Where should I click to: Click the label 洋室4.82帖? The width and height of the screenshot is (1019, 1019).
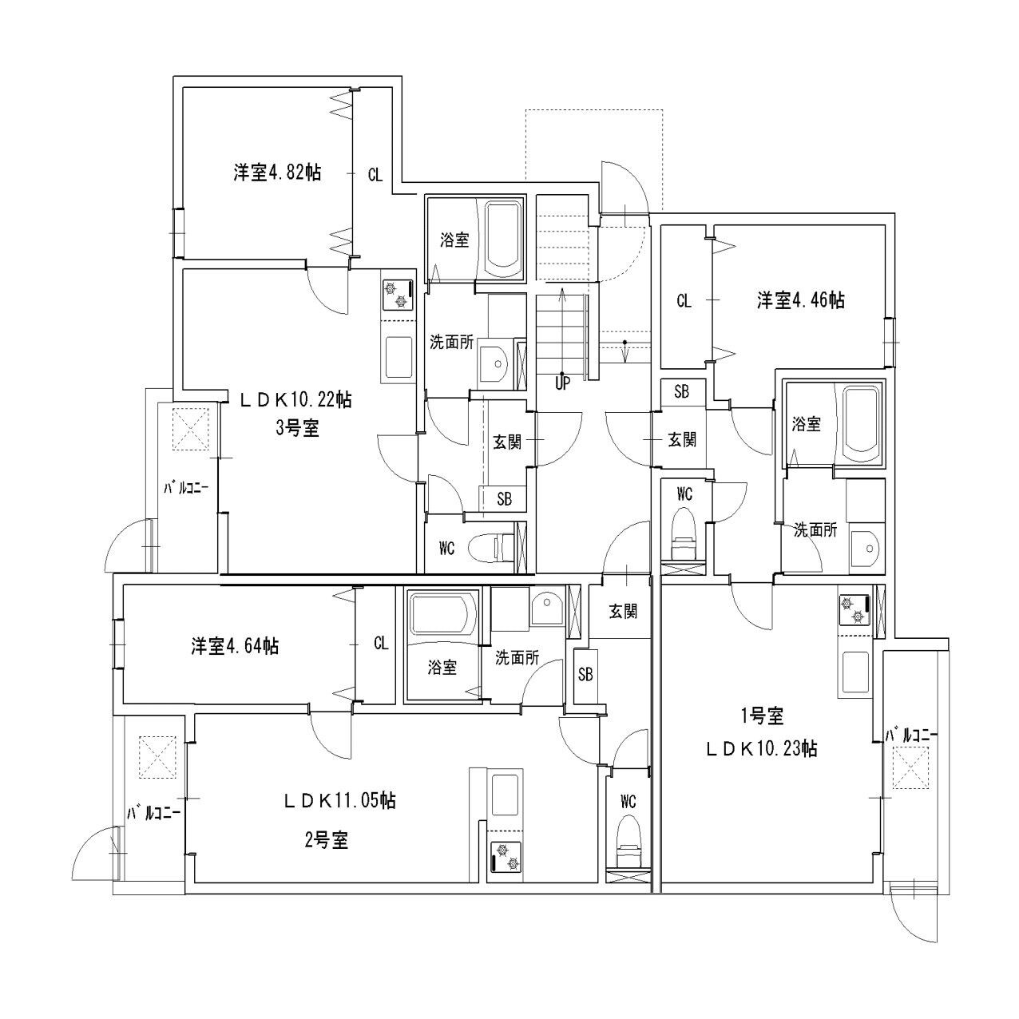276,172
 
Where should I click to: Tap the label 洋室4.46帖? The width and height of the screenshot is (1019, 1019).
801,300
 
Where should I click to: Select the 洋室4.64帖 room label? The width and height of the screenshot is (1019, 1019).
234,646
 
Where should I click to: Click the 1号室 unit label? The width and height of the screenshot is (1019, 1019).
761,717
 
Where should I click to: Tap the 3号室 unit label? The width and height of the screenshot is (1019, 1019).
297,428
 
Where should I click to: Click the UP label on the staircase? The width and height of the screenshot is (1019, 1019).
563,383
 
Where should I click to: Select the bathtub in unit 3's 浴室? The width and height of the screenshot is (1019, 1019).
503,237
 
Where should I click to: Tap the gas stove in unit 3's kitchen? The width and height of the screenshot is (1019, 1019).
397,294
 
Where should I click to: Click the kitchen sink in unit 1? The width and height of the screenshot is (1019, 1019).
856,670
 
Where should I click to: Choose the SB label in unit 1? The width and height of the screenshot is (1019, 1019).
681,391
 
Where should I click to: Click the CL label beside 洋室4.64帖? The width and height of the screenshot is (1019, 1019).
381,644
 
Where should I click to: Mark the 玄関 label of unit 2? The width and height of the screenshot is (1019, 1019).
624,612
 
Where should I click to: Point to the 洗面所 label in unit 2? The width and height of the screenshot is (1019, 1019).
517,658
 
